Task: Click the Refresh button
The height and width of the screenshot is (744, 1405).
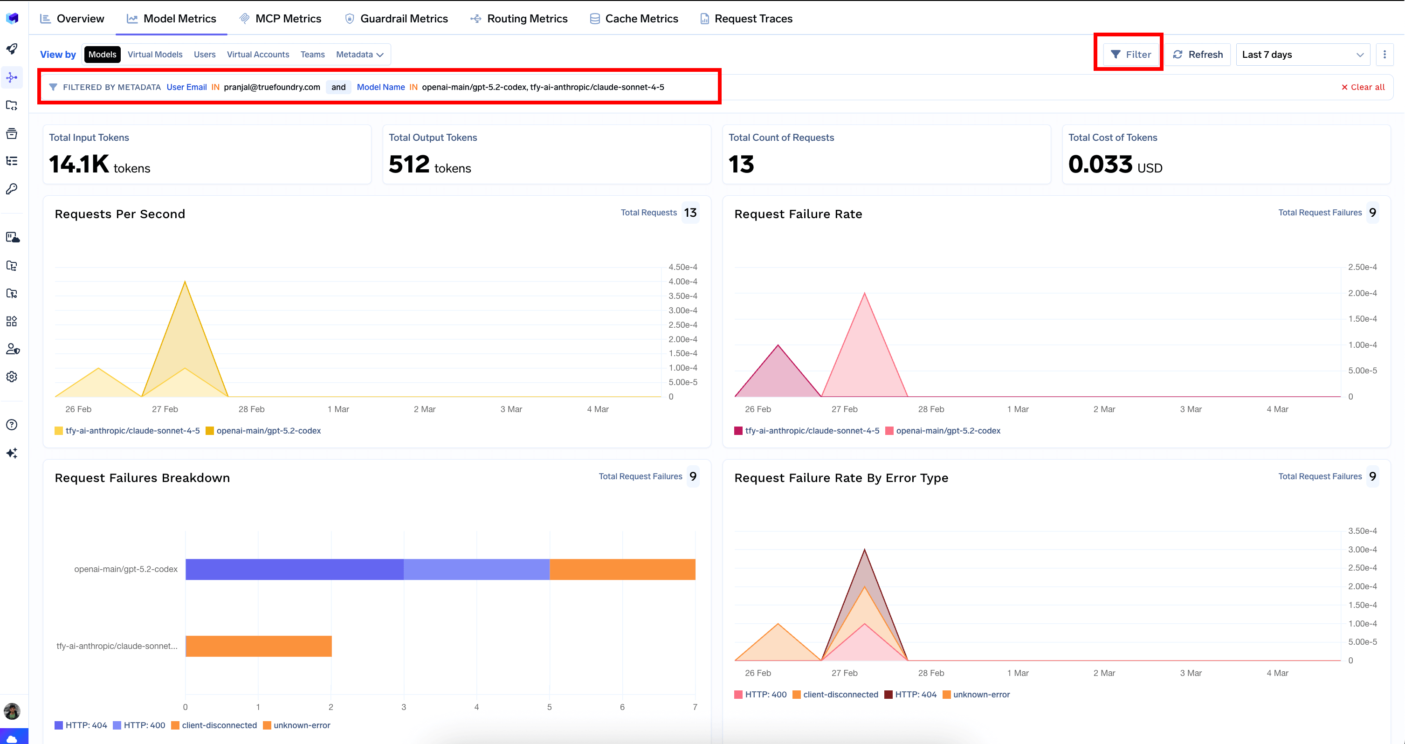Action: [1198, 55]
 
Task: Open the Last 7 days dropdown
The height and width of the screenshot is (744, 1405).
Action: [1302, 55]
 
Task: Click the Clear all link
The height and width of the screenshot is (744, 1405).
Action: [1363, 87]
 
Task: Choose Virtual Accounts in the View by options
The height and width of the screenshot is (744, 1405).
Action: [258, 55]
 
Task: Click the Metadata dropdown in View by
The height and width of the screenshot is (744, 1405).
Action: [359, 55]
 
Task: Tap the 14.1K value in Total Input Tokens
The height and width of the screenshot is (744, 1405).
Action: [79, 164]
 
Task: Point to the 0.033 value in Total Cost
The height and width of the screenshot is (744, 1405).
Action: [1100, 164]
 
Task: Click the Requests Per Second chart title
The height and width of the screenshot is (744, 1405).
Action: [120, 214]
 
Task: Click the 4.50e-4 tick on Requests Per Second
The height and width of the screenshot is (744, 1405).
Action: [683, 267]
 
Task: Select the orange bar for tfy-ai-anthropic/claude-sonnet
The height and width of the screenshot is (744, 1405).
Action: [259, 646]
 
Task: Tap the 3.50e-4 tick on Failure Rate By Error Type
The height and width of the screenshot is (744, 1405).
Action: [1362, 530]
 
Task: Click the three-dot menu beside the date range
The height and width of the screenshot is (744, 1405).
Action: [1384, 55]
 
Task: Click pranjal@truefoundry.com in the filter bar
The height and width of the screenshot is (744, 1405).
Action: [272, 87]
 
